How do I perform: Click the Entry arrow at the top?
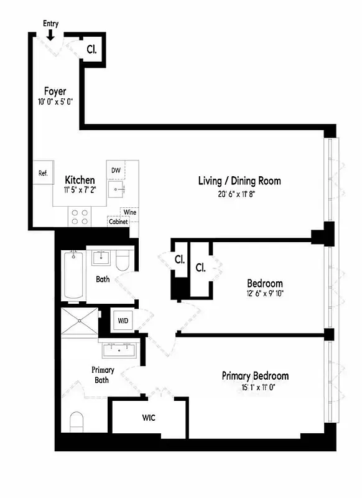(x=50, y=33)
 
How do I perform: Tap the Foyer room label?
(x=55, y=92)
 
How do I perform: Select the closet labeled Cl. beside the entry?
(x=91, y=49)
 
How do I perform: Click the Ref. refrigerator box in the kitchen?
(x=44, y=173)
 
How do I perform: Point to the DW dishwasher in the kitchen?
(x=116, y=170)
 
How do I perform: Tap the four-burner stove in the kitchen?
(x=80, y=216)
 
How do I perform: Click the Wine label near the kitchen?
(x=130, y=212)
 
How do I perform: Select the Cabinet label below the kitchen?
(x=118, y=222)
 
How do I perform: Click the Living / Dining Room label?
(x=239, y=181)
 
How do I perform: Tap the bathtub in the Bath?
(x=73, y=276)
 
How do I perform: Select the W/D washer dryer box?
(x=123, y=321)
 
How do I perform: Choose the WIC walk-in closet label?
(x=148, y=417)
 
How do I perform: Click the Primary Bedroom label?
(x=255, y=376)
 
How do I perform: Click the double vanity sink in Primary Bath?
(x=121, y=349)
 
